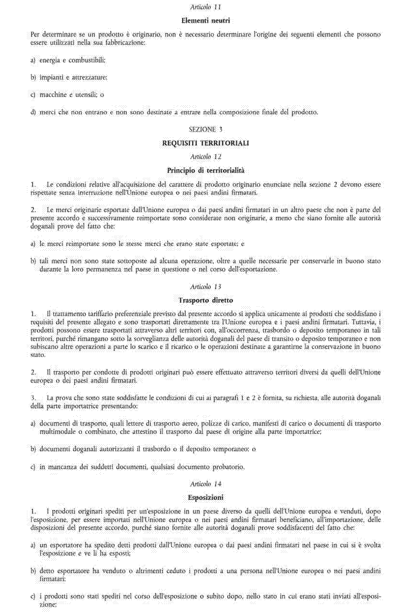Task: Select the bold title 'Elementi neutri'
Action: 205,21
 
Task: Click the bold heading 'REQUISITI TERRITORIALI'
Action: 205,143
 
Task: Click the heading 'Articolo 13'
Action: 205,287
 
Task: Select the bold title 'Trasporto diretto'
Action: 205,300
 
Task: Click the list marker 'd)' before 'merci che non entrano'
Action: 33,112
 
